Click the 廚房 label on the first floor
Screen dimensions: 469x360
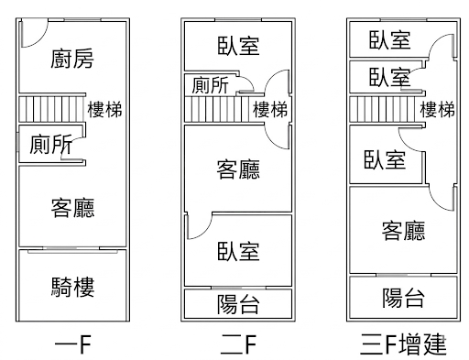pos(72,59)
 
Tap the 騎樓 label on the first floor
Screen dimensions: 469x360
pos(72,287)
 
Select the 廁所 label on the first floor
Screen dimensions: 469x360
pos(51,144)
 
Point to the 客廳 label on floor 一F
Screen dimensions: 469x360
pos(72,208)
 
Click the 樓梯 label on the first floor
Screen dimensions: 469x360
pos(104,109)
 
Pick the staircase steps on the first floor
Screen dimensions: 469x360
pos(51,109)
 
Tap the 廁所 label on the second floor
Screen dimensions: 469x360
pos(211,85)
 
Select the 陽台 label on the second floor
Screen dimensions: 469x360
pos(238,304)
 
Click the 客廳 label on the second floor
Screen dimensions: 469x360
pos(238,169)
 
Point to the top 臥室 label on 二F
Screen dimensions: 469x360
pos(238,46)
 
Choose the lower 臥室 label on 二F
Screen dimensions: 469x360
pos(238,251)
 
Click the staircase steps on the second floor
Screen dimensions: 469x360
pos(217,109)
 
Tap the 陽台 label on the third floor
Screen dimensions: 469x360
pos(403,298)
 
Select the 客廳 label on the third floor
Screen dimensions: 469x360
pos(403,231)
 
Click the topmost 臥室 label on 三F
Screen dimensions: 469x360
pos(389,40)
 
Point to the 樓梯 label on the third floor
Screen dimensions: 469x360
pos(437,109)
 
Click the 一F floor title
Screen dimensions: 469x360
pos(73,344)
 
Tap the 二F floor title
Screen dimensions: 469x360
pos(238,344)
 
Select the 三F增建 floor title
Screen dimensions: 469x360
pos(403,344)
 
